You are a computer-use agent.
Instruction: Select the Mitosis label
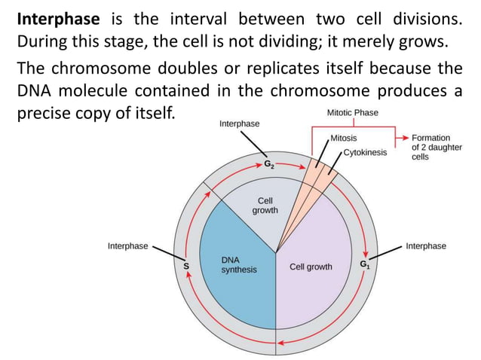click(x=344, y=139)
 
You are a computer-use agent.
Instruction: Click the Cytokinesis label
click(x=364, y=152)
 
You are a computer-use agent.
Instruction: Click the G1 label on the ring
click(x=364, y=264)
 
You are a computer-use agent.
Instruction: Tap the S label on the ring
click(x=186, y=266)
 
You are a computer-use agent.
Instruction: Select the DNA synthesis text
click(x=238, y=264)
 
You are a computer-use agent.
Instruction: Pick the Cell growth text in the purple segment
click(x=311, y=267)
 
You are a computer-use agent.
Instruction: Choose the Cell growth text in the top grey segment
click(x=265, y=206)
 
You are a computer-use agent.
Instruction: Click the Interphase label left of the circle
click(x=127, y=246)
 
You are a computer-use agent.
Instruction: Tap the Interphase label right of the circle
click(x=426, y=246)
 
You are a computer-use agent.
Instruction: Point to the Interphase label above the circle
click(x=240, y=123)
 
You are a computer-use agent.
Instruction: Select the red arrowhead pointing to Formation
click(x=406, y=139)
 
